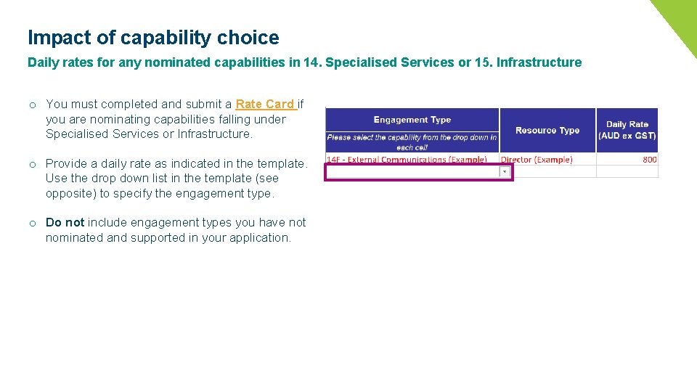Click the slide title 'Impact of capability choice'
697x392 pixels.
(x=153, y=38)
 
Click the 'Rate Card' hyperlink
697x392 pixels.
(x=264, y=104)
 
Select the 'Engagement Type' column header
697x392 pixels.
(x=412, y=120)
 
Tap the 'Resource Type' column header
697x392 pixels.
(x=547, y=131)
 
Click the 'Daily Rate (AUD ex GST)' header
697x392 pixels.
(x=627, y=130)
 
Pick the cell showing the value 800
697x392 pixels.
(x=649, y=160)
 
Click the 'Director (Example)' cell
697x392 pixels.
(x=537, y=160)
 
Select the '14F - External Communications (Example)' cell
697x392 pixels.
(x=407, y=160)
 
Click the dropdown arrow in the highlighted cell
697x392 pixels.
(x=504, y=172)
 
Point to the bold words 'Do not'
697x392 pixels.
(x=65, y=222)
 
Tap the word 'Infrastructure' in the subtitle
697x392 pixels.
(x=539, y=62)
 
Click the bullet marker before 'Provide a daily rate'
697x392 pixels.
(x=33, y=164)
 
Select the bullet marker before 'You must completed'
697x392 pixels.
(x=33, y=105)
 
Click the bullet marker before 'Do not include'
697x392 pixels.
(x=33, y=223)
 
